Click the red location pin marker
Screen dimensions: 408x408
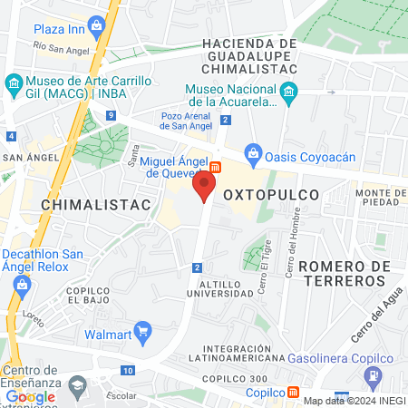pyautogui.click(x=204, y=187)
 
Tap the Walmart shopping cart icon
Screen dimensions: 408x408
pyautogui.click(x=141, y=331)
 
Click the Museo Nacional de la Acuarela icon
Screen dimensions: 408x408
pyautogui.click(x=288, y=90)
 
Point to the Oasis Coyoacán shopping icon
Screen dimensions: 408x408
pyautogui.click(x=253, y=155)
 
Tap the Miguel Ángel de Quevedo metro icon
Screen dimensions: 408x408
pyautogui.click(x=216, y=166)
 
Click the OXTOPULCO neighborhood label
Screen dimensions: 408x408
pyautogui.click(x=271, y=195)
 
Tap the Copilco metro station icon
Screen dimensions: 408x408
pyautogui.click(x=294, y=393)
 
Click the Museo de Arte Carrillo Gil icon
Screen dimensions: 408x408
pyautogui.click(x=13, y=85)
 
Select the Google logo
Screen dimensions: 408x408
pyautogui.click(x=30, y=396)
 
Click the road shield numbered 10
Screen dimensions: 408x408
pyautogui.click(x=129, y=371)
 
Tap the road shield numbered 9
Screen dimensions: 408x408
pyautogui.click(x=110, y=115)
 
